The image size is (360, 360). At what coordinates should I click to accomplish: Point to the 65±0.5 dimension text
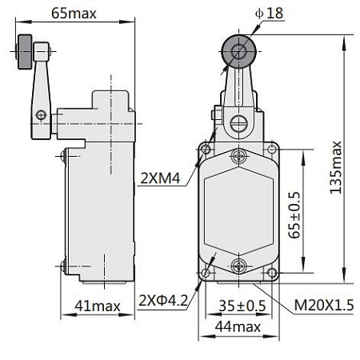tap(295, 210)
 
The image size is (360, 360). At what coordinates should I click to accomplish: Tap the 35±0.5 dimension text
tap(243, 304)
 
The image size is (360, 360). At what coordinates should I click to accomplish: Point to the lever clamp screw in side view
tap(39, 115)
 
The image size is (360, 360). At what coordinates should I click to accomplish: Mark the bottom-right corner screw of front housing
tap(271, 272)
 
